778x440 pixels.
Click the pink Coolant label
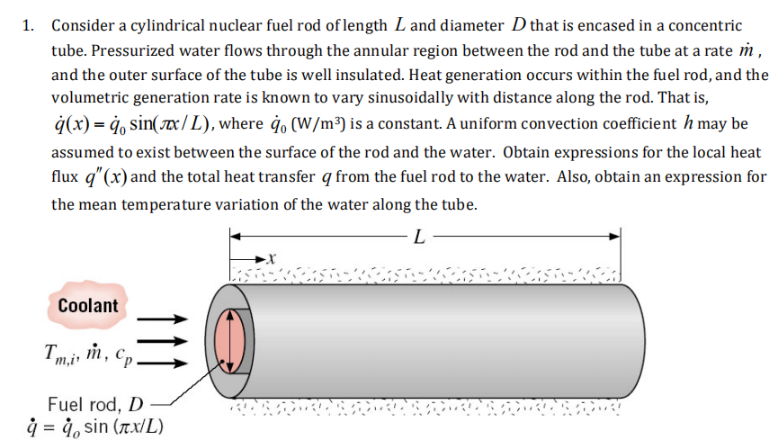[87, 305]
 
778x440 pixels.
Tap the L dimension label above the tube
[420, 238]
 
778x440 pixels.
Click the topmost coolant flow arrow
[165, 318]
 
